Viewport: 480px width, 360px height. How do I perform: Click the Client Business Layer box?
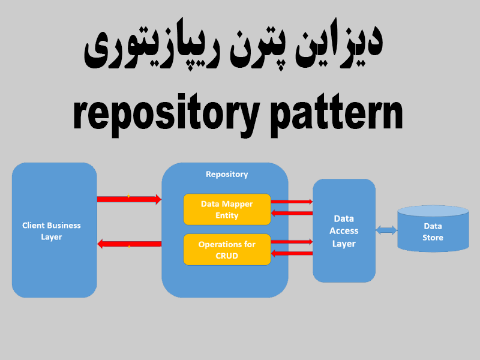click(x=54, y=230)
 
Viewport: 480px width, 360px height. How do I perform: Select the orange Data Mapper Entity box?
click(x=227, y=209)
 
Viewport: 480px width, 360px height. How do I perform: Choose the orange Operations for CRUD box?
click(x=227, y=250)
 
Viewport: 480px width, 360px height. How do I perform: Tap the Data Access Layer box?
click(x=344, y=230)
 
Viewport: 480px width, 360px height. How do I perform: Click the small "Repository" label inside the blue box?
click(x=226, y=174)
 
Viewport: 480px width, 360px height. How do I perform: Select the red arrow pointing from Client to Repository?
click(x=129, y=199)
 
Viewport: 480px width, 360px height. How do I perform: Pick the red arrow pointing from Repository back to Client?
click(x=129, y=244)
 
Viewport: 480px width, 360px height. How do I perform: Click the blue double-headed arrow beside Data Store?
click(x=386, y=230)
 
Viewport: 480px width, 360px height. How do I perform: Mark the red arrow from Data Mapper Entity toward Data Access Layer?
click(x=292, y=202)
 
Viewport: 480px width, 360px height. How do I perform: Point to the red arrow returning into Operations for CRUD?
click(x=292, y=253)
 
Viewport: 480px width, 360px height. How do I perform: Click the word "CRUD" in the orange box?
click(x=227, y=256)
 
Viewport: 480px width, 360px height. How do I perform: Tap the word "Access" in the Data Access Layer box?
click(x=344, y=231)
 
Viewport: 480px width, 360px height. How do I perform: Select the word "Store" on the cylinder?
click(x=433, y=238)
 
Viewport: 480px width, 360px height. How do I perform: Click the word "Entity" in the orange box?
click(x=227, y=215)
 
